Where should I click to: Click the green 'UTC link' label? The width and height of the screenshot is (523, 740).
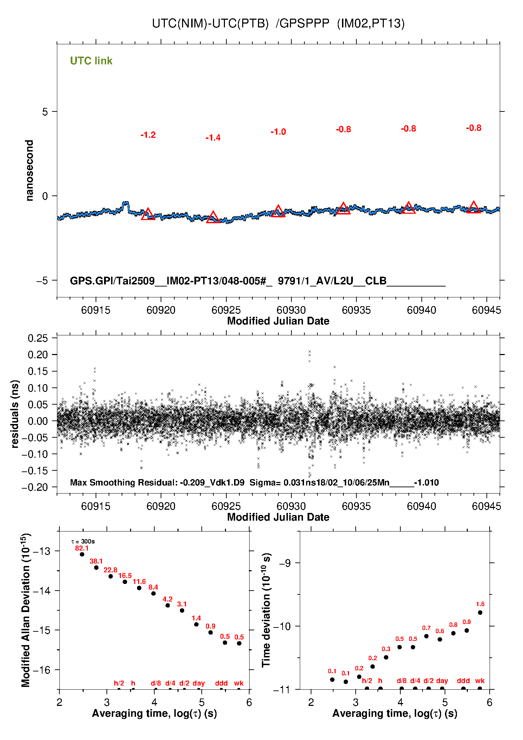(x=91, y=61)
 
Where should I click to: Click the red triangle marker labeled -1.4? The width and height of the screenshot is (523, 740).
(x=213, y=217)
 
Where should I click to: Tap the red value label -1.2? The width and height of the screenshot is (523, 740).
(x=148, y=135)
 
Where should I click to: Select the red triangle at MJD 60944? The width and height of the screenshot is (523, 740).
(x=473, y=207)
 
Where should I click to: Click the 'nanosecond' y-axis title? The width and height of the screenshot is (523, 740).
(x=30, y=170)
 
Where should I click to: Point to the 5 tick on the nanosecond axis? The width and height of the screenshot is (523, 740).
(x=45, y=112)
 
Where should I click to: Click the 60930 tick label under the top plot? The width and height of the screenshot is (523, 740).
(x=291, y=310)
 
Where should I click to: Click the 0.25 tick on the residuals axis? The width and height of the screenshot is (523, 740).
(x=38, y=338)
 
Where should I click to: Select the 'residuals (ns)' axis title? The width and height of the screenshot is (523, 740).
(x=15, y=414)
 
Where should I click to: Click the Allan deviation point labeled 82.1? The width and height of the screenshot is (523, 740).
(x=82, y=554)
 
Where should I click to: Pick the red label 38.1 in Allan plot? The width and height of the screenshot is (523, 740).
(x=96, y=561)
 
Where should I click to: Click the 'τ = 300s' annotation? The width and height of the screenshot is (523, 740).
(x=83, y=541)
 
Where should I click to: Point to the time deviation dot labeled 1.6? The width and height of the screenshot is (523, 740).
(x=480, y=612)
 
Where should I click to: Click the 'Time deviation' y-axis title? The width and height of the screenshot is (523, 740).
(x=266, y=610)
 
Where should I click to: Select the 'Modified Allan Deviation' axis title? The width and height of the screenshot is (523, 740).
(x=26, y=610)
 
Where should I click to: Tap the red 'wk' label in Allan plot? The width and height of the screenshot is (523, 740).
(x=239, y=683)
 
